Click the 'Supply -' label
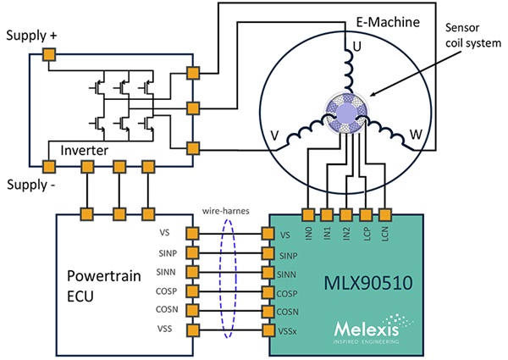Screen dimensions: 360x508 31,185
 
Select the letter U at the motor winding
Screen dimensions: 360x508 356,48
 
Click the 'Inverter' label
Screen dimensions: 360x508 82,150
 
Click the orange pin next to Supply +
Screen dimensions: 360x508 50,55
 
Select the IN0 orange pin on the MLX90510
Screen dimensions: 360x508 307,214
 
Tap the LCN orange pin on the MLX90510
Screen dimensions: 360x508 385,214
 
